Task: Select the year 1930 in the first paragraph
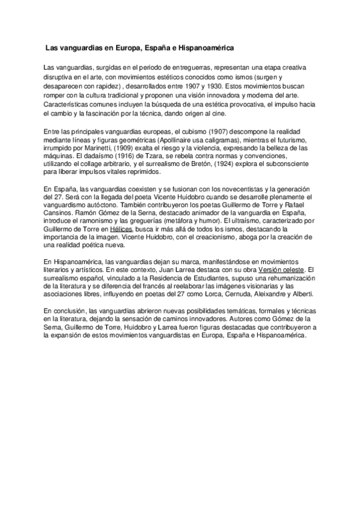coord(219,87)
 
